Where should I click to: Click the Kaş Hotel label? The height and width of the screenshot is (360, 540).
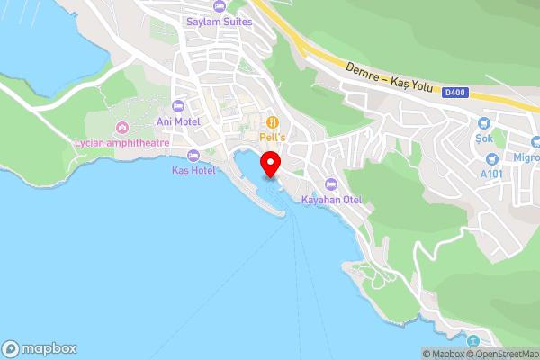click(193, 170)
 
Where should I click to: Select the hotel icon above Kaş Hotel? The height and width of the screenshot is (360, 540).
click(193, 155)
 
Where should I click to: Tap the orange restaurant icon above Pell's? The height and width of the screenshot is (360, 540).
click(272, 121)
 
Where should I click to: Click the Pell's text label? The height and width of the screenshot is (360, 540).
click(272, 137)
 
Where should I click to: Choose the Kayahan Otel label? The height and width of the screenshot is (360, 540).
click(330, 199)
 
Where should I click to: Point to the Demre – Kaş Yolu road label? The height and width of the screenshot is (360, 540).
click(391, 77)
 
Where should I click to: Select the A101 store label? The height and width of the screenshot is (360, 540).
click(491, 174)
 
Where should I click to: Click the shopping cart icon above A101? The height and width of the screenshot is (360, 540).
click(493, 158)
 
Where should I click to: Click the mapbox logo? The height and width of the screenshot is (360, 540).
click(39, 348)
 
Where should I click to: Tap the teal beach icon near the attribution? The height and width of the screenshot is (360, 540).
click(473, 340)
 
